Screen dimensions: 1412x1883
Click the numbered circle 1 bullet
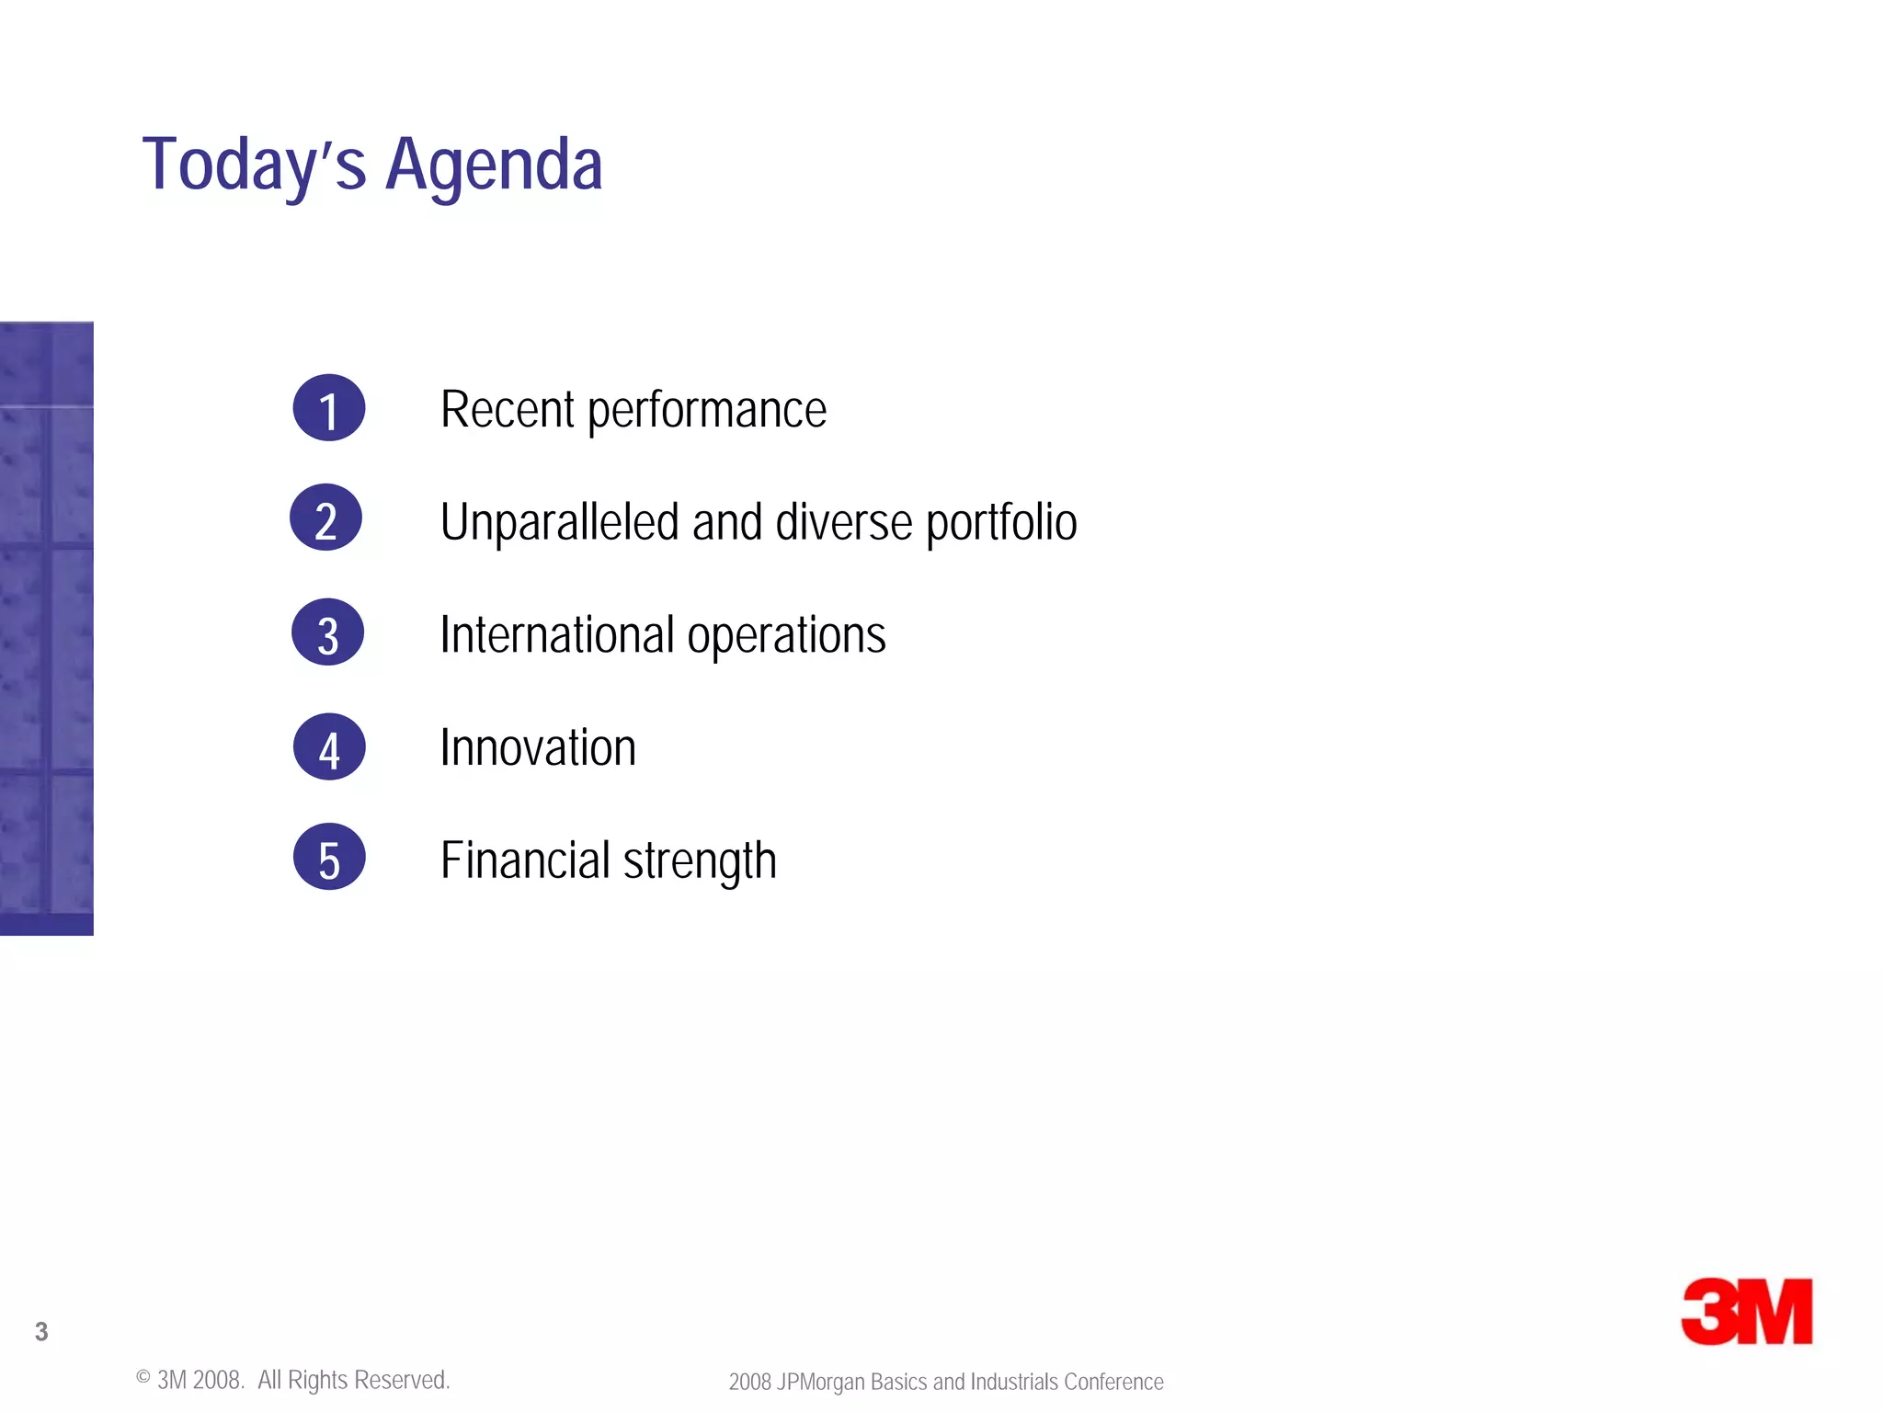pyautogui.click(x=329, y=408)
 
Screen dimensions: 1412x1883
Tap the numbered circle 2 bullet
pyautogui.click(x=326, y=518)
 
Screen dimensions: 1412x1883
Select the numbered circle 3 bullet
pyautogui.click(x=328, y=632)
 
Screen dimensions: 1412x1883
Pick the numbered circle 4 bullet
pyautogui.click(x=329, y=746)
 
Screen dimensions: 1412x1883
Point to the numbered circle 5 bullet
pyautogui.click(x=329, y=857)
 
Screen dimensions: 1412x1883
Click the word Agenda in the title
pyautogui.click(x=494, y=165)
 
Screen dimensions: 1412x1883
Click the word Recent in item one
pyautogui.click(x=507, y=409)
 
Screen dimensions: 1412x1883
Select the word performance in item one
pyautogui.click(x=706, y=411)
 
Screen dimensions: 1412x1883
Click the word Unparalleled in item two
pyautogui.click(x=560, y=522)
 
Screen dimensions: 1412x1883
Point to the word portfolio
pyautogui.click(x=1001, y=523)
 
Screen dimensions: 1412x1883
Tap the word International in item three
pyautogui.click(x=557, y=634)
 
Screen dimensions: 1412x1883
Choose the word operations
pyautogui.click(x=786, y=636)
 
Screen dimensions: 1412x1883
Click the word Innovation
pyautogui.click(x=538, y=747)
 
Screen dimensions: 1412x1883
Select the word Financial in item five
pyautogui.click(x=525, y=860)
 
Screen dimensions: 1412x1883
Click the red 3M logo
pyautogui.click(x=1746, y=1312)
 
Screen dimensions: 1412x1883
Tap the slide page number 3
pyautogui.click(x=41, y=1331)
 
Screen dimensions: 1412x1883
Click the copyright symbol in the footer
pyautogui.click(x=143, y=1377)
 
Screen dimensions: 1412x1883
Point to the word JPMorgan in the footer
pyautogui.click(x=820, y=1383)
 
